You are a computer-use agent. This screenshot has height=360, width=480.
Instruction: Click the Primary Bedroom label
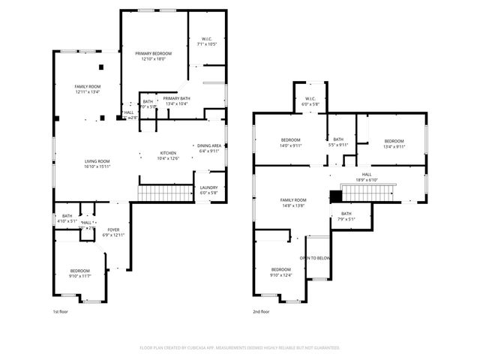[153, 56]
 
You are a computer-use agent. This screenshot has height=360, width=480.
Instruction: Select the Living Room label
[97, 163]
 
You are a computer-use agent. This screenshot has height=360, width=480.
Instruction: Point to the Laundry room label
[208, 190]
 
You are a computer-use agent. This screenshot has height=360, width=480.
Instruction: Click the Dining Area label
[209, 148]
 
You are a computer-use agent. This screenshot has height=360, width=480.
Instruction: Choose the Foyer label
[113, 232]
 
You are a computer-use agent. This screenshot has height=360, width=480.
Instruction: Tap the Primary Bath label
[177, 100]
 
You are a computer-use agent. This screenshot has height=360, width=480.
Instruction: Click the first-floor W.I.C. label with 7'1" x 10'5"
[206, 41]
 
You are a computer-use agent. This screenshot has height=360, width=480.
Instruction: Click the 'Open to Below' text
[316, 258]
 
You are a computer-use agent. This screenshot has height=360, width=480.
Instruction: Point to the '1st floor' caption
[61, 310]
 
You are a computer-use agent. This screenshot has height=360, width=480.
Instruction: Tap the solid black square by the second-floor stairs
[336, 196]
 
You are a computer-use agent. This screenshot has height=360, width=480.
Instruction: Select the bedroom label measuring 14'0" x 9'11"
[291, 143]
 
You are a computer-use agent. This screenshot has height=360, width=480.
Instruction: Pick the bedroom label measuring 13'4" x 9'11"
[394, 143]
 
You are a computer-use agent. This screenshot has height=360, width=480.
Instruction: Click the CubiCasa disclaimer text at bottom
[240, 348]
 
